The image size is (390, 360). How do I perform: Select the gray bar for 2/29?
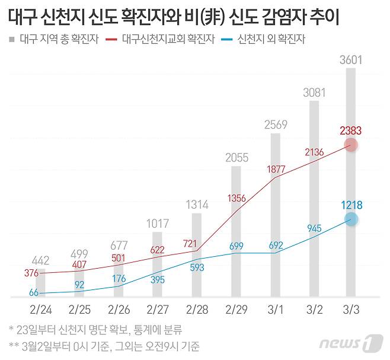(x=235, y=231)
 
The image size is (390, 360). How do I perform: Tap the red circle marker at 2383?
(x=351, y=144)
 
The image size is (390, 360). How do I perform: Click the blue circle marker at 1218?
(x=351, y=219)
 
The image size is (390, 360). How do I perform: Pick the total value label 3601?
(x=351, y=59)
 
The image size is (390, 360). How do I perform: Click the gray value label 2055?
(x=235, y=158)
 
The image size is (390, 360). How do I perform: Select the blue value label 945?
(x=314, y=228)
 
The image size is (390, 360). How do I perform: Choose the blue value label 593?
(x=196, y=267)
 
